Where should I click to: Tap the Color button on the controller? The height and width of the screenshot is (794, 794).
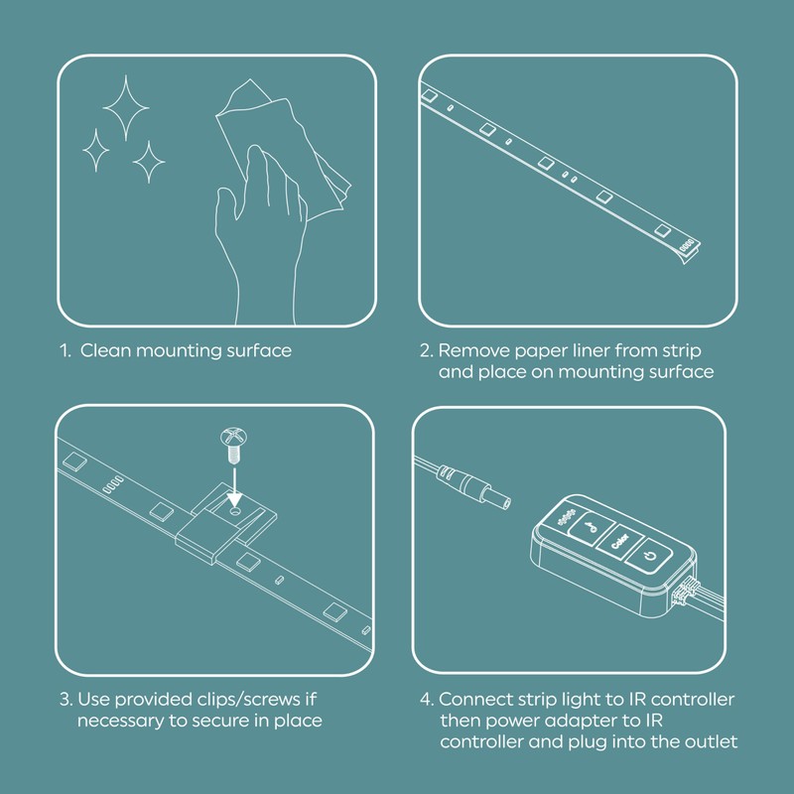617,542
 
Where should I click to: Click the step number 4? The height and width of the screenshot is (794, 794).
425,700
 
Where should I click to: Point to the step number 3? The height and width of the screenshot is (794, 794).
64,700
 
